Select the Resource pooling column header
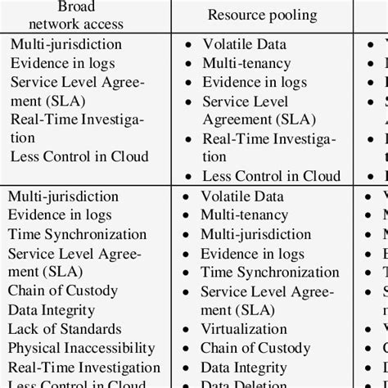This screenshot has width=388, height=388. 259,15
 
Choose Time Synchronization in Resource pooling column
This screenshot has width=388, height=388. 269,273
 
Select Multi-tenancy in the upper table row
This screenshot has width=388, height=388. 246,63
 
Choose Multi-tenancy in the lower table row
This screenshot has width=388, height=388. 246,215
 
